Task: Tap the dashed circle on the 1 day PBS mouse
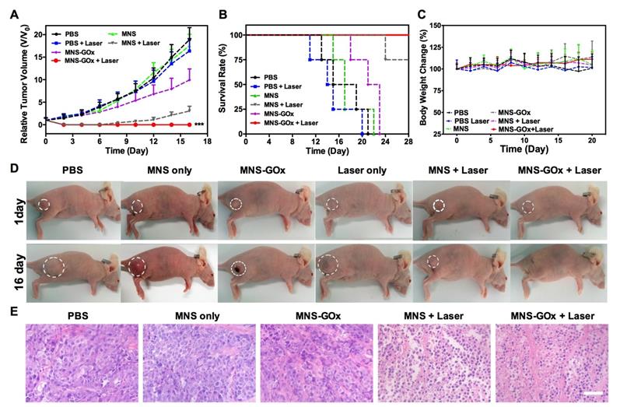45,205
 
